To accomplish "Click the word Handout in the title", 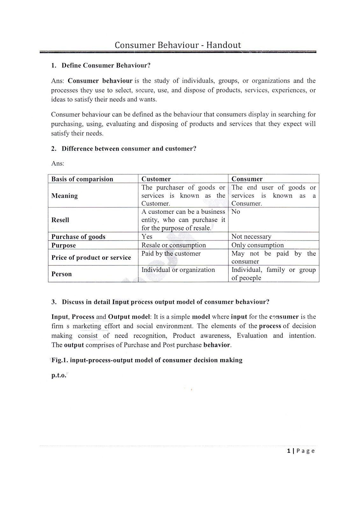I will pos(223,45).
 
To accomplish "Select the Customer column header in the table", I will pos(156,179).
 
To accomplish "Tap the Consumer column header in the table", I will pos(247,179).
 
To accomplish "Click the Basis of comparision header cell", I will pos(82,179).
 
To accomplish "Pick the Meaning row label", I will pos(64,196).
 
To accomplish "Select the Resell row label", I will pos(60,220).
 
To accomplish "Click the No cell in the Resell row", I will pos(236,212).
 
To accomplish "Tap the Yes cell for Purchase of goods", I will pos(147,237).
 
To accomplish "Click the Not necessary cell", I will pos(251,237).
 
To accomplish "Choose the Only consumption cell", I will pos(257,245).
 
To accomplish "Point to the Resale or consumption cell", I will pos(173,245).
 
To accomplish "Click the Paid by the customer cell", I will pos(171,254).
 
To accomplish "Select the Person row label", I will pos(61,274).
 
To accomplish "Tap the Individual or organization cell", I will pos(178,270).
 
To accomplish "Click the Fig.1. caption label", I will pos(60,360).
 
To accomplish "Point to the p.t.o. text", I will pos(59,375).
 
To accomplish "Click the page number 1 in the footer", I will pos(288,451).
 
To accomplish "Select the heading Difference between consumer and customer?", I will pos(129,149).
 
